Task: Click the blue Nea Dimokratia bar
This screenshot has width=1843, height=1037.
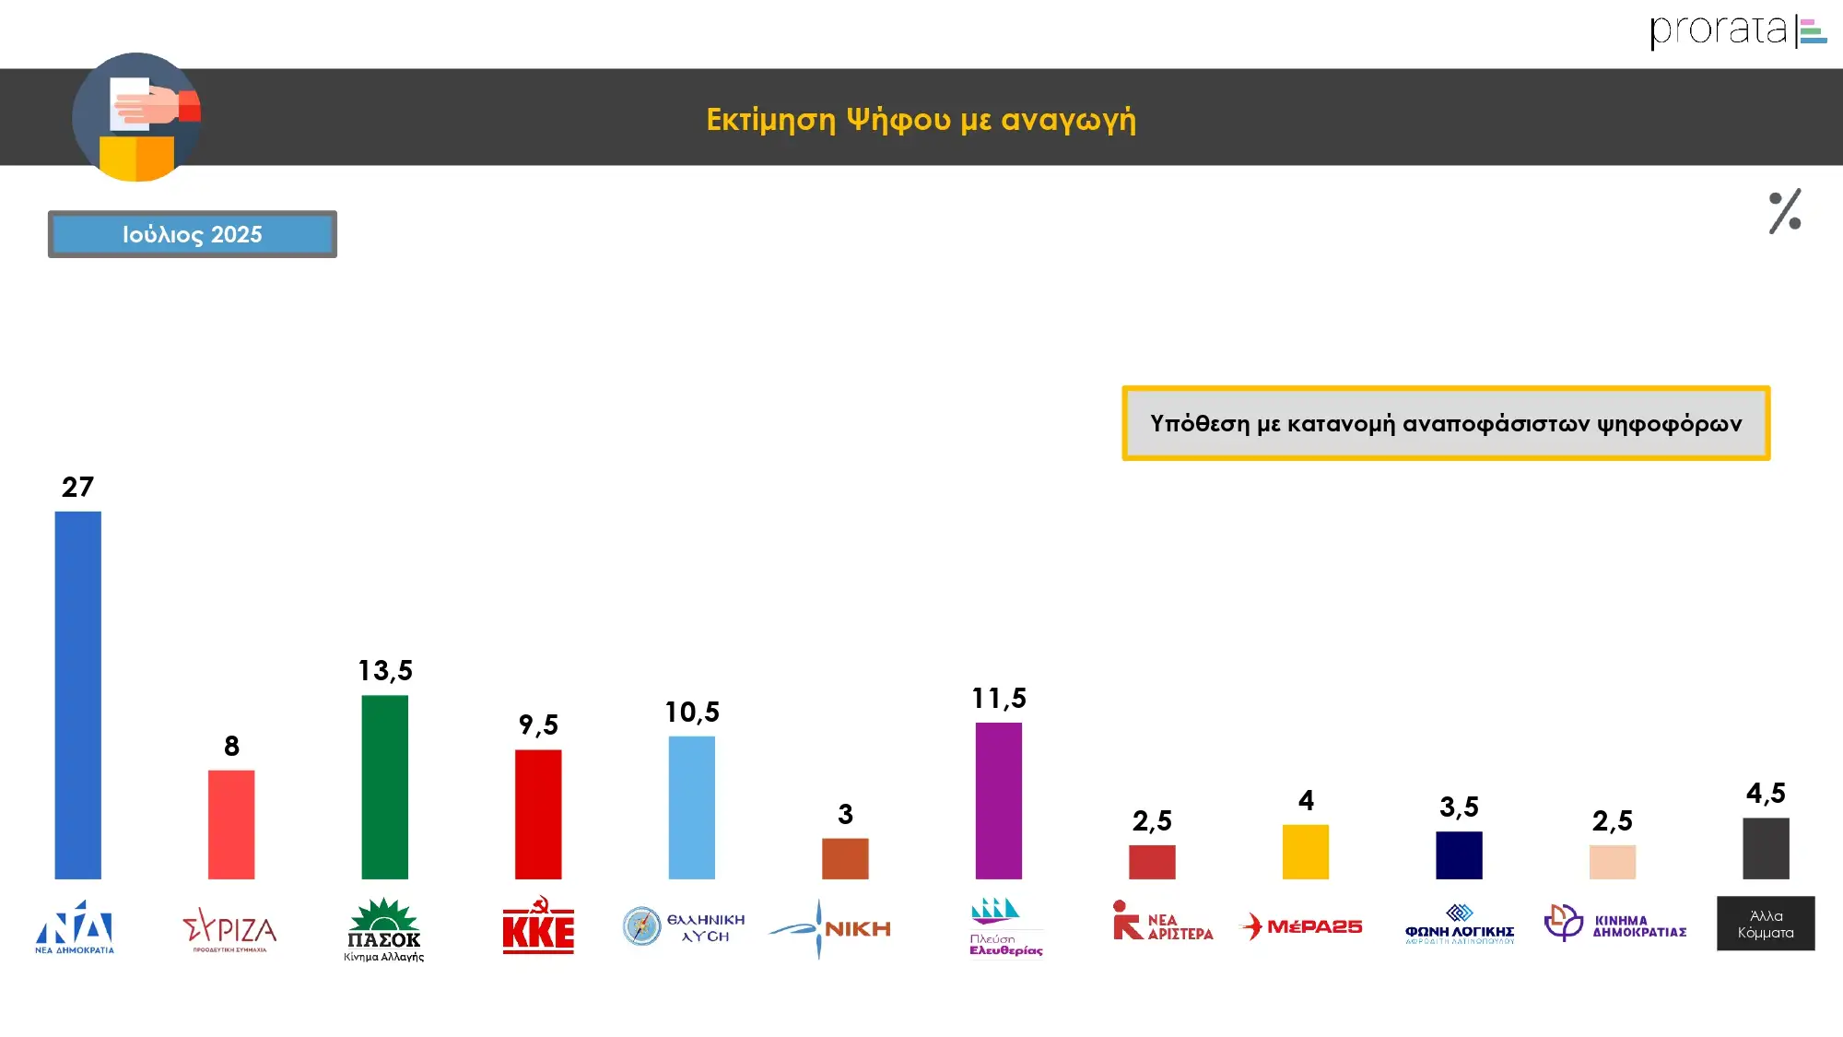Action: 77,695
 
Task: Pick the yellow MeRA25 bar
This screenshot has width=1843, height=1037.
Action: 1305,852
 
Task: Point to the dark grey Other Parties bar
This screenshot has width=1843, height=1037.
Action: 1766,848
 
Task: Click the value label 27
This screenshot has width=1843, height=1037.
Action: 77,487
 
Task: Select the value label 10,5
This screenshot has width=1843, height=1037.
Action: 692,712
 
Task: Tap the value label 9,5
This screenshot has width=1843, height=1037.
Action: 538,725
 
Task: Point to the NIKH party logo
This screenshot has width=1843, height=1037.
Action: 830,928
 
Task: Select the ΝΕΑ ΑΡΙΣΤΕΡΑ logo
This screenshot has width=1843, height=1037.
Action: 1163,922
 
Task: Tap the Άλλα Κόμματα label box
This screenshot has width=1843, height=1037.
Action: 1766,924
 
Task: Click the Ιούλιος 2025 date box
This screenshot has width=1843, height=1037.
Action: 193,234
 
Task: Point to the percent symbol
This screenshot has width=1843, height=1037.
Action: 1785,212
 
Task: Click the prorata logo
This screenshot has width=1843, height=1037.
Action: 1737,30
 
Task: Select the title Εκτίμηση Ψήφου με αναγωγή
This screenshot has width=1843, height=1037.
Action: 921,120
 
